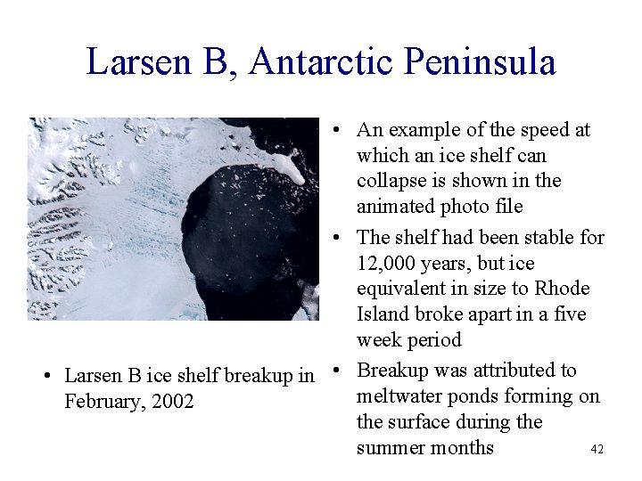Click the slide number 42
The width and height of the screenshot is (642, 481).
[x=597, y=450]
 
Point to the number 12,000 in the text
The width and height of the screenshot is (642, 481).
[x=391, y=264]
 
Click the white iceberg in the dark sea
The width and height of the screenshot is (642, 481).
[x=287, y=165]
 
